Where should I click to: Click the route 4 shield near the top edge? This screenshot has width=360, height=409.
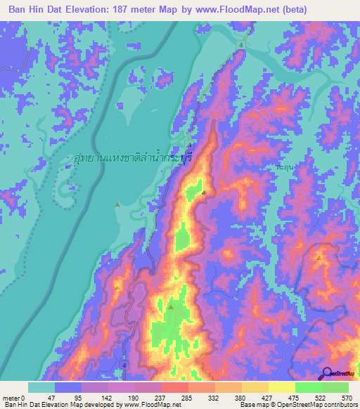(x=241, y=45)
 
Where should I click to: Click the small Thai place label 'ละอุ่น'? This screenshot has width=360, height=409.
(x=283, y=169)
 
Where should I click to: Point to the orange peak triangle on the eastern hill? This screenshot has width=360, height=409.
(x=320, y=257)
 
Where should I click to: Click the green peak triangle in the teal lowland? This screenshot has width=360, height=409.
(x=117, y=204)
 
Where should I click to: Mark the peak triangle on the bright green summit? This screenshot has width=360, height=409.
(x=170, y=306)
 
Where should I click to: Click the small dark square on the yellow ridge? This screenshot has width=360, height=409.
(x=203, y=193)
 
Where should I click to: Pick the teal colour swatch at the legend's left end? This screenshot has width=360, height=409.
(x=41, y=387)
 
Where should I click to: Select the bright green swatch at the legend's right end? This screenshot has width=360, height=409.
(x=335, y=387)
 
